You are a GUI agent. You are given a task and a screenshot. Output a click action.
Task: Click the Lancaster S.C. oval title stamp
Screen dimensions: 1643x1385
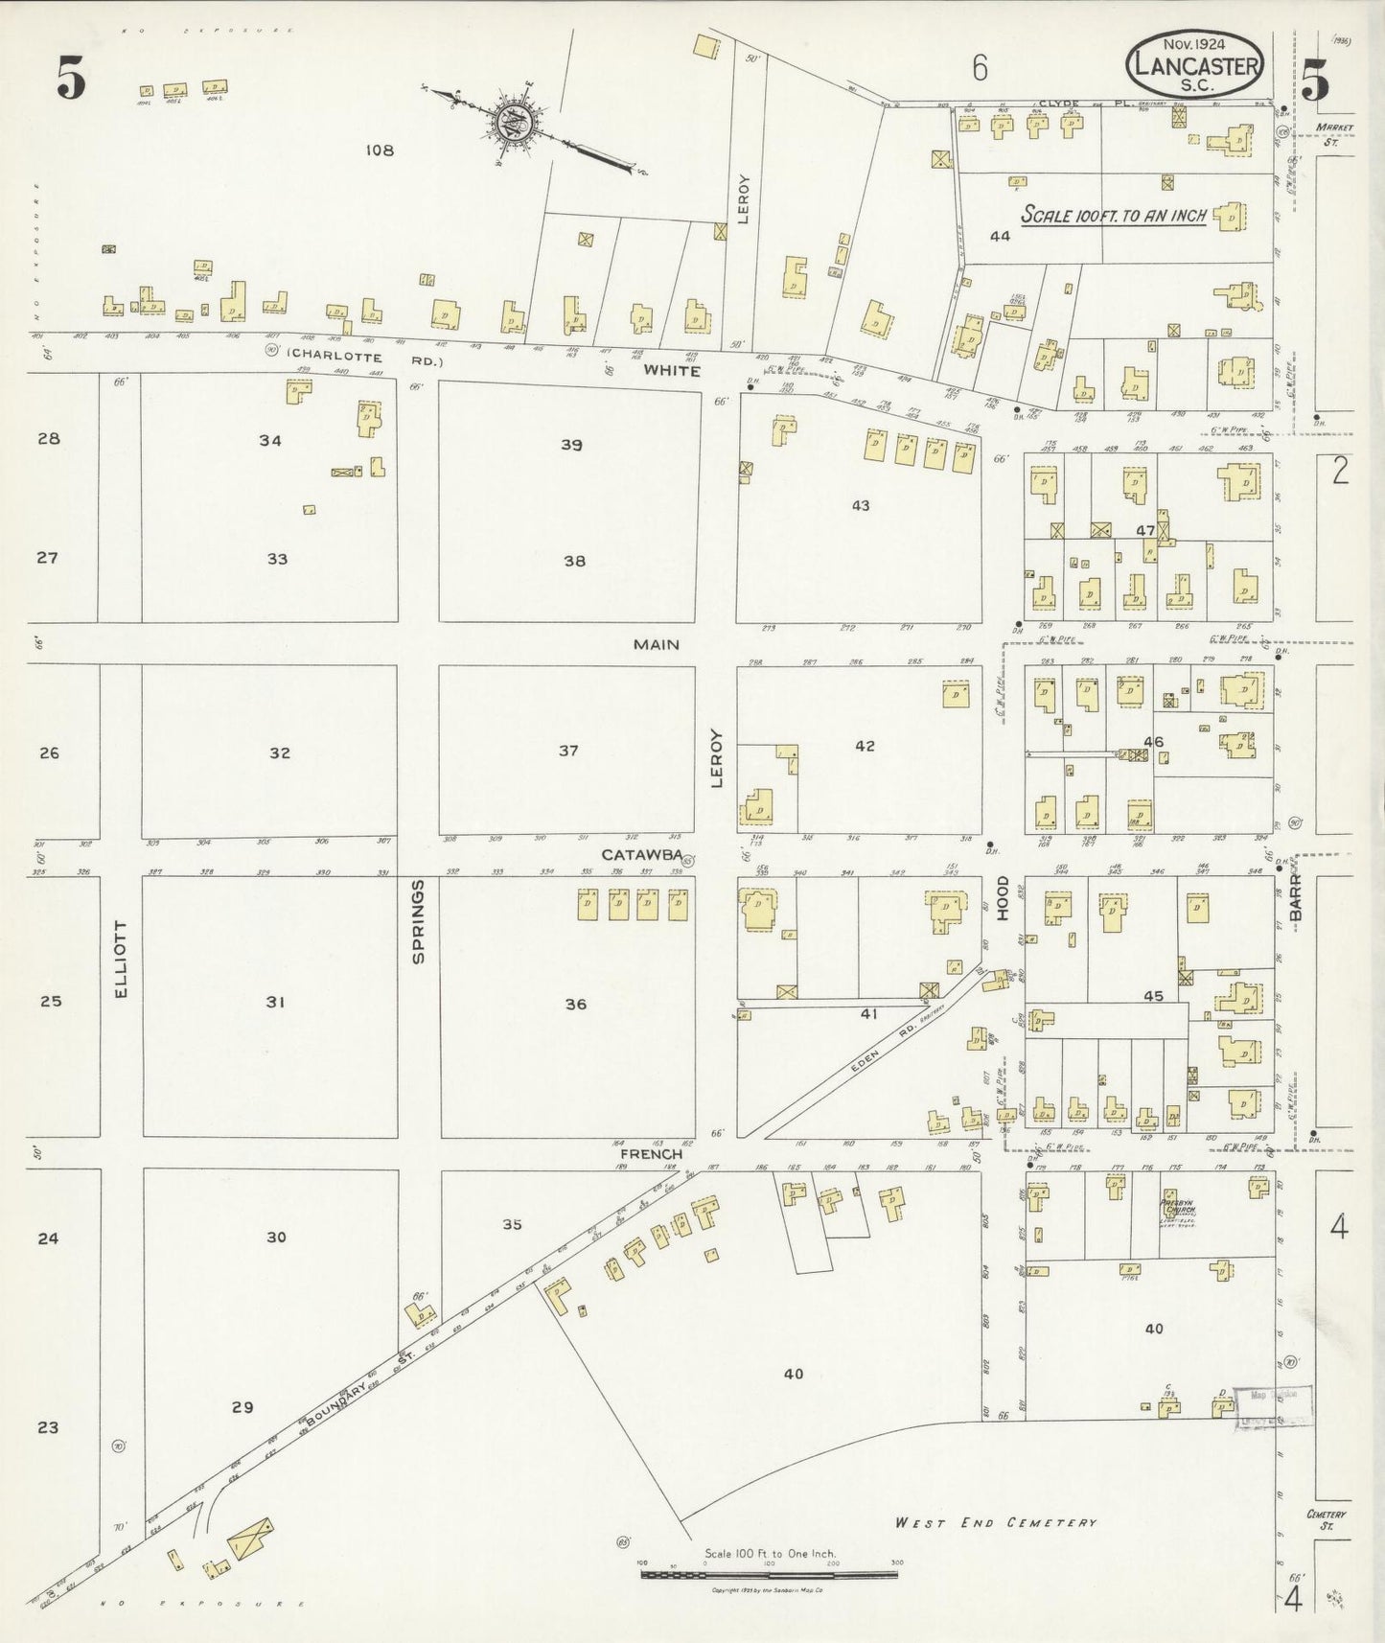point(1194,64)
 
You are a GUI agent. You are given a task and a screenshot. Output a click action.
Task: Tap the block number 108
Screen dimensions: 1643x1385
point(381,150)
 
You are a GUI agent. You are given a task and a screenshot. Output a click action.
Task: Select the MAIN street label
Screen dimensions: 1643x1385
point(657,645)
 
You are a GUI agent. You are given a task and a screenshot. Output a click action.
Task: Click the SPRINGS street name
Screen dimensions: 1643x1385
point(418,921)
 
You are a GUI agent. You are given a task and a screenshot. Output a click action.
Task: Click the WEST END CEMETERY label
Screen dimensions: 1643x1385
point(996,1522)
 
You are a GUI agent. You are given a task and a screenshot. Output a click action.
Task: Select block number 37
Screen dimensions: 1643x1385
point(569,751)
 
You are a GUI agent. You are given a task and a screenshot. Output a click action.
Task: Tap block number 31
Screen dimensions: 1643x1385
point(276,1002)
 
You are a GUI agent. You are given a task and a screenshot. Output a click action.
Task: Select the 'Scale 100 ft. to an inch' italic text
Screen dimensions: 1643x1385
point(1113,214)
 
